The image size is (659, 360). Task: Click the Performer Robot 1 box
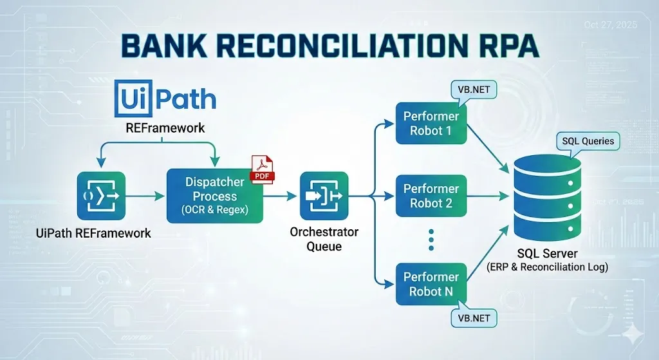(431, 124)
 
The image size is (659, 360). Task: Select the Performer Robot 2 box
(431, 196)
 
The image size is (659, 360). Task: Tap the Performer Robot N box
(431, 284)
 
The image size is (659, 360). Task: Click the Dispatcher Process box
(215, 196)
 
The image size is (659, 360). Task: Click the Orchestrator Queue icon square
(324, 196)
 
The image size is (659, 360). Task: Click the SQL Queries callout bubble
(588, 142)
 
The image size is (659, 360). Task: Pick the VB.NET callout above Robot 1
(474, 91)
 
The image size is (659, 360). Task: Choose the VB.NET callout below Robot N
(474, 317)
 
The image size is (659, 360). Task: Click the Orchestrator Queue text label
(324, 238)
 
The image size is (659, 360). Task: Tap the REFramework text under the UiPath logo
(165, 128)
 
